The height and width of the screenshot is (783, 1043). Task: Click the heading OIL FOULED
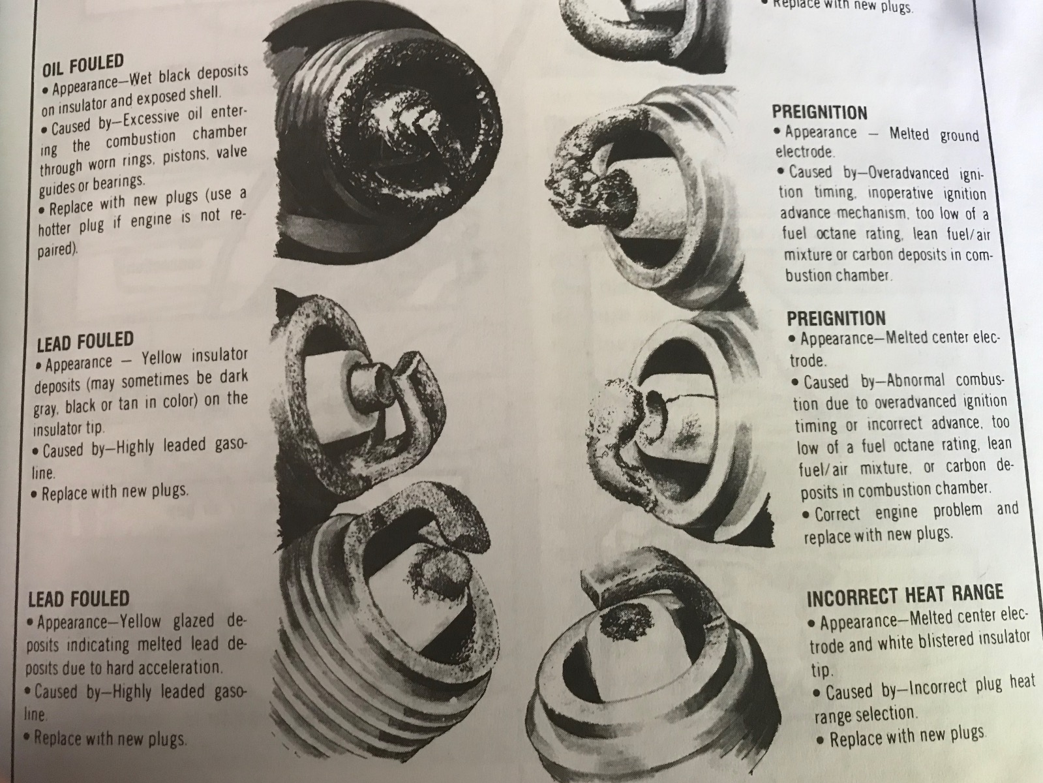coord(83,65)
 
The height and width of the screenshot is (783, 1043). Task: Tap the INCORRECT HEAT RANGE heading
coord(905,596)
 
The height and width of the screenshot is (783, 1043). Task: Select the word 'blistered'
coord(948,641)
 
